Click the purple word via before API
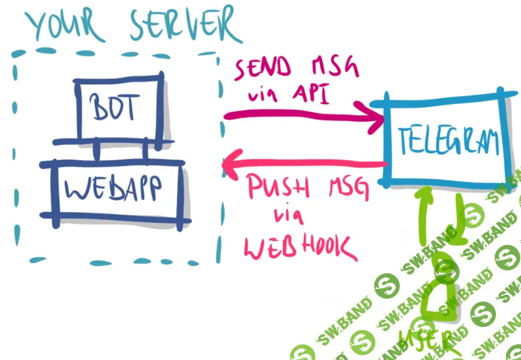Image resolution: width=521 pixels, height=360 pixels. (x=263, y=95)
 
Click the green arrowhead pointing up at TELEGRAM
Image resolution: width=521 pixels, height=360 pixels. (x=427, y=193)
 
